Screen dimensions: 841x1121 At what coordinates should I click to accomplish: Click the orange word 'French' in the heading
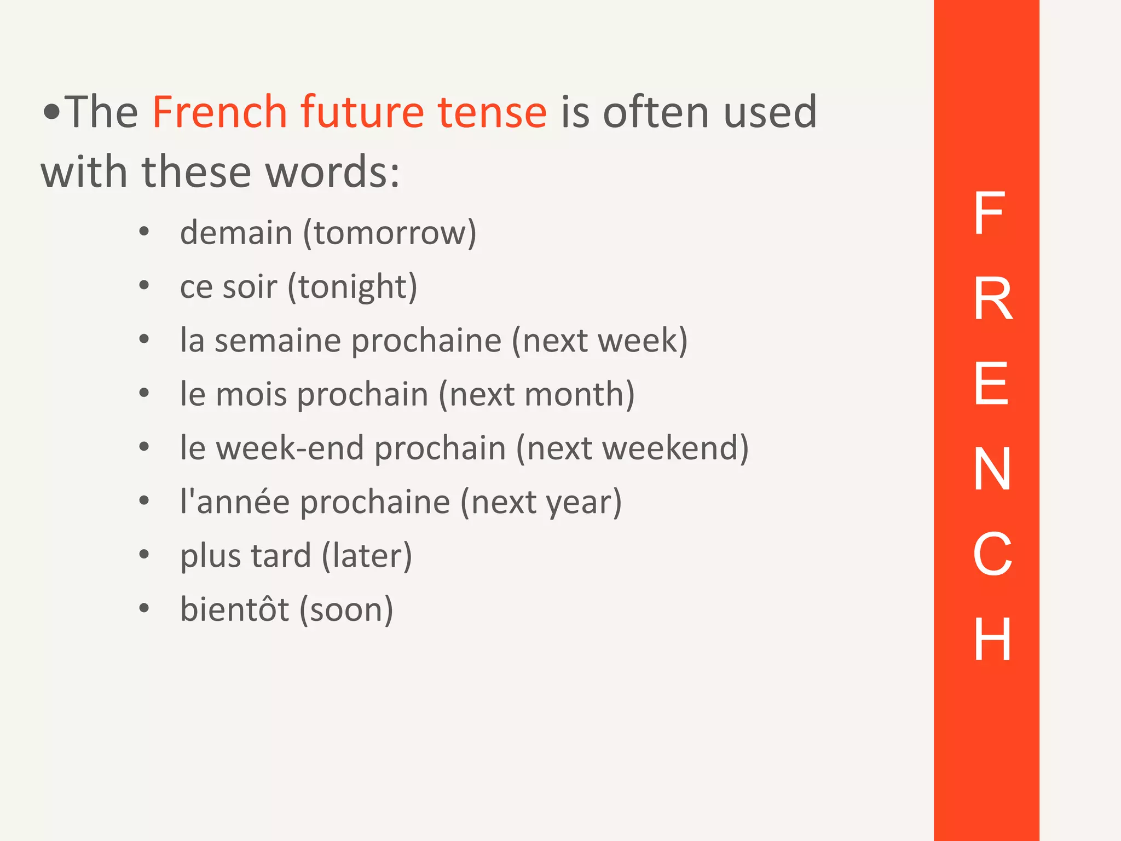click(x=219, y=112)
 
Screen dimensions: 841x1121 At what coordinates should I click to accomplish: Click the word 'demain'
click(x=236, y=233)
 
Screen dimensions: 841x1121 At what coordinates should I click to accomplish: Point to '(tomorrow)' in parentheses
click(x=390, y=234)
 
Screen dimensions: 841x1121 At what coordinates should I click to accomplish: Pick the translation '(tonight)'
click(x=353, y=287)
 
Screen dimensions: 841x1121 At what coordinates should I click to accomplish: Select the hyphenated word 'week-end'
click(x=290, y=448)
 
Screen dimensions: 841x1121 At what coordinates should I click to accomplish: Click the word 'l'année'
click(x=235, y=502)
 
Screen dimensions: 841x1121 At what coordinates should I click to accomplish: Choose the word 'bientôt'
click(x=234, y=609)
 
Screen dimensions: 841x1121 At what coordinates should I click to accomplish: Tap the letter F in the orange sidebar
click(x=989, y=213)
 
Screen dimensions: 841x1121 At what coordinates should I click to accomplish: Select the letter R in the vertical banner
click(x=992, y=298)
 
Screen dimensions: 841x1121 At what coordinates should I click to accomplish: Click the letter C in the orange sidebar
click(x=992, y=554)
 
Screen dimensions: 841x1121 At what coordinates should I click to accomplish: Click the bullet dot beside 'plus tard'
click(x=144, y=555)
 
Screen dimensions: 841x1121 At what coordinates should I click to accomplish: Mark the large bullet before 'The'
click(x=52, y=113)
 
